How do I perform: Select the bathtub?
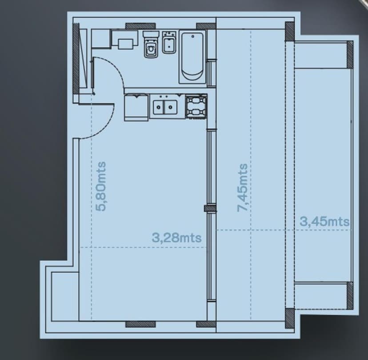coord(192,57)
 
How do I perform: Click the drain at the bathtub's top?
coord(193,36)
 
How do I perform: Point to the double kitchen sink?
coord(165,107)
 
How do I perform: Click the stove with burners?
coord(196,107)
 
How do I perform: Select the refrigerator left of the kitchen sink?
coord(136,107)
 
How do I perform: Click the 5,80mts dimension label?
coord(101,186)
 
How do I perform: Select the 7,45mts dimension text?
coord(242,188)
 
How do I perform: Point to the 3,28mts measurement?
coord(177,238)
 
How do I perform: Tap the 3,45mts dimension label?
coord(324,221)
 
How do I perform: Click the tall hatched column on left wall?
coord(76,59)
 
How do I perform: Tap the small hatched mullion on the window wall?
coord(210,208)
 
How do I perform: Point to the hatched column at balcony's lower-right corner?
coord(350,295)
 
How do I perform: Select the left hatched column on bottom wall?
coord(140,324)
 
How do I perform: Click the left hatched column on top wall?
coord(140,26)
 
